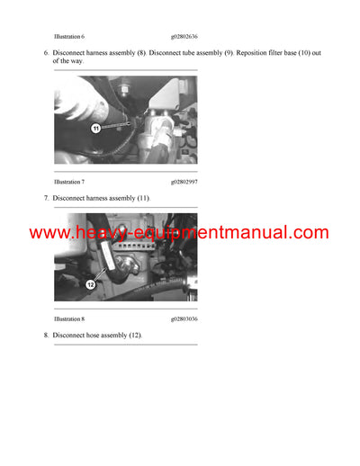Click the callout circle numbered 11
pos(94,130)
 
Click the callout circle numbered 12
pos(90,284)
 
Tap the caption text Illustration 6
pos(69,35)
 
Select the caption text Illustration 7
pos(69,181)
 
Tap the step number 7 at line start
pos(46,197)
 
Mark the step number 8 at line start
pos(46,336)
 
